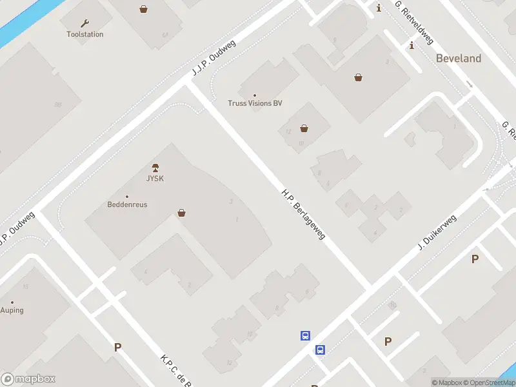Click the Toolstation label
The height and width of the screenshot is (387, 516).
click(x=84, y=34)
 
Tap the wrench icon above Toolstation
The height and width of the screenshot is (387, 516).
click(x=84, y=23)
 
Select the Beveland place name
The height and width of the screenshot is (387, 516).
click(x=459, y=58)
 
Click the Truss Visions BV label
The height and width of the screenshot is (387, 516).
click(x=255, y=103)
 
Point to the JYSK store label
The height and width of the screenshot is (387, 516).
click(x=154, y=179)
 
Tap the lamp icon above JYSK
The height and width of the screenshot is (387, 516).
click(x=155, y=168)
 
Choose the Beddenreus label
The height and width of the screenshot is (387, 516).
click(x=127, y=204)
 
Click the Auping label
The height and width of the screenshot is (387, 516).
click(x=12, y=310)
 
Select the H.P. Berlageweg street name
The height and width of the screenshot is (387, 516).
click(x=303, y=214)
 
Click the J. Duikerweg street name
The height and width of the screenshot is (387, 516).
click(x=437, y=233)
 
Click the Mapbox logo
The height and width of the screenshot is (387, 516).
click(x=28, y=379)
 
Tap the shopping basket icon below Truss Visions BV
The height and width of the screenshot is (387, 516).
click(x=304, y=128)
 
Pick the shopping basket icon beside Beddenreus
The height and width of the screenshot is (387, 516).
click(x=182, y=213)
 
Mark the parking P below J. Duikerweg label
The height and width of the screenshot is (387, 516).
click(x=475, y=259)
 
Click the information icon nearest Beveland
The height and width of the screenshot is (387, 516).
click(x=412, y=45)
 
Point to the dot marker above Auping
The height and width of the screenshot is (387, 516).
click(x=12, y=302)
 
